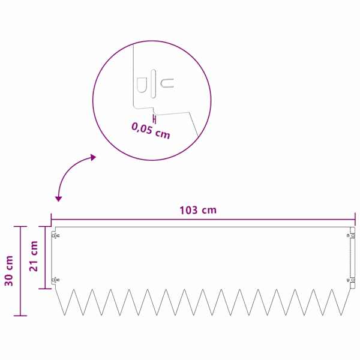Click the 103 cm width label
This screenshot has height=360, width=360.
point(198,210)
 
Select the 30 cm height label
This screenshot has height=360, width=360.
point(9,271)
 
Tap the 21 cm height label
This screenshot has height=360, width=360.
point(34,256)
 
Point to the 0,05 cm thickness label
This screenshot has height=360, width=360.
point(151,131)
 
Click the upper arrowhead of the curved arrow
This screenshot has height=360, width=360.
point(93,157)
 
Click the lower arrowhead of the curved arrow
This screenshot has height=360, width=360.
point(59,199)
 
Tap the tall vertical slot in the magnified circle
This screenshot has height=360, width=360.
point(153,83)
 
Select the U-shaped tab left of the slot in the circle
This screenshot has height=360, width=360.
point(142,85)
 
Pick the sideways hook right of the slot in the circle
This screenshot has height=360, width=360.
point(167,83)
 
